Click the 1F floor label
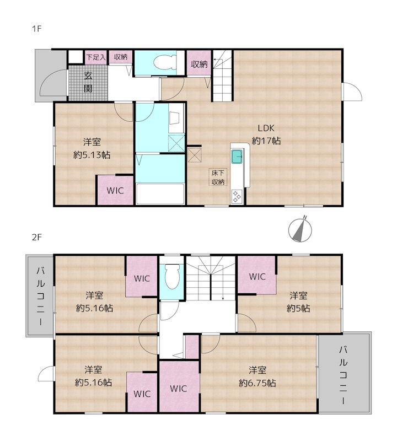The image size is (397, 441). (36, 29)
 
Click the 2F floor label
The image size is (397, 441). (36, 238)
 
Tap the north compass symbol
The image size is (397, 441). (300, 230)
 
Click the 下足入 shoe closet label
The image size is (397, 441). (95, 57)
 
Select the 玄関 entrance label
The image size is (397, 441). (88, 82)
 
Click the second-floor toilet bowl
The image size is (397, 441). (172, 277)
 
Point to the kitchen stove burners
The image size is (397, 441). (237, 197)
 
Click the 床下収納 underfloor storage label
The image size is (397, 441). (218, 177)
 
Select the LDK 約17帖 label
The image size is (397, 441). (266, 135)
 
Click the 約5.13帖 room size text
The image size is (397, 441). (92, 155)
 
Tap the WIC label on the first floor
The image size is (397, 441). (115, 190)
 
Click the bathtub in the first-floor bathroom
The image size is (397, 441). (160, 194)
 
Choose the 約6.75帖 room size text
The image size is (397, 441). (257, 383)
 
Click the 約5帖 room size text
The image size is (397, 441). (298, 309)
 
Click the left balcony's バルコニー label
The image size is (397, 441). (40, 296)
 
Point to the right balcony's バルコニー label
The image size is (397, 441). (343, 375)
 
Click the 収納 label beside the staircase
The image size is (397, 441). (199, 64)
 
